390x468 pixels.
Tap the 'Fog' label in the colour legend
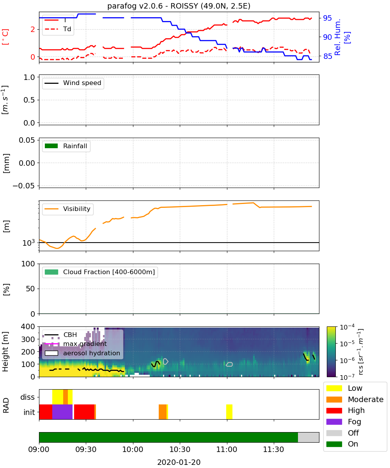(x=354, y=422)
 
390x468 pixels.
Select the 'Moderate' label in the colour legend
(x=365, y=399)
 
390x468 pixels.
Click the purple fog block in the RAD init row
(x=62, y=412)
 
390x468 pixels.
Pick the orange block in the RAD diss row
(x=66, y=397)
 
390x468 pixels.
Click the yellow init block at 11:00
(x=229, y=412)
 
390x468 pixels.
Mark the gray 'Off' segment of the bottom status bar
(x=308, y=437)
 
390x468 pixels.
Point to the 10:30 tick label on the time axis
(x=179, y=449)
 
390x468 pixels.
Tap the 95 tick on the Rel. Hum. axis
(x=327, y=18)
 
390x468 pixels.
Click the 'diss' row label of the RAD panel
(x=28, y=397)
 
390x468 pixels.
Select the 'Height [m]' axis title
(x=5, y=352)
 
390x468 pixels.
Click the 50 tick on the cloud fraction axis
(x=30, y=289)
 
